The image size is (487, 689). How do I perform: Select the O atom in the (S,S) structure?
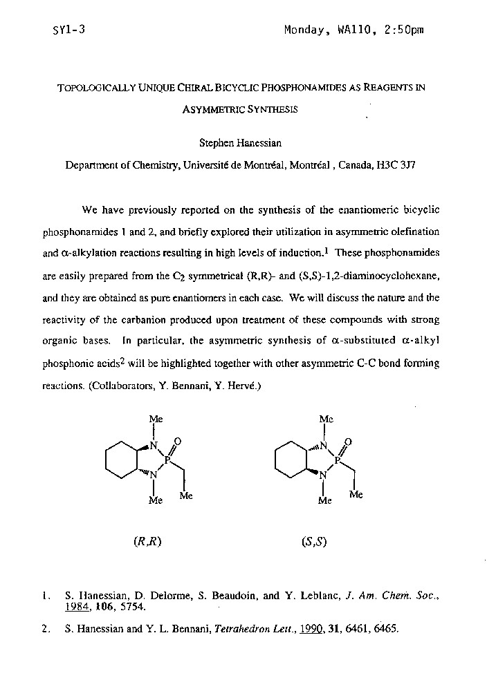pyautogui.click(x=347, y=442)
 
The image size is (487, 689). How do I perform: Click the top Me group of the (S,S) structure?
pyautogui.click(x=326, y=419)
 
